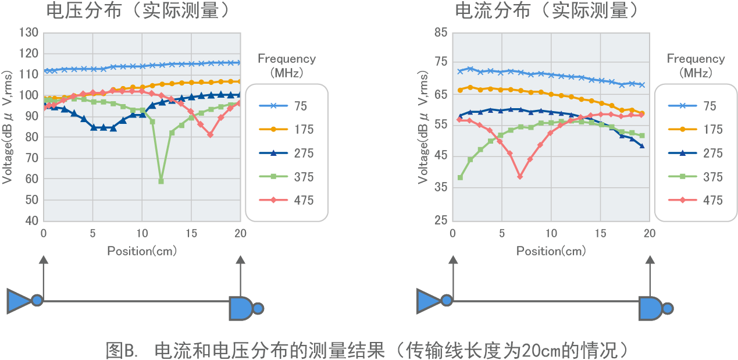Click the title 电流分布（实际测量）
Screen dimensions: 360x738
click(547, 10)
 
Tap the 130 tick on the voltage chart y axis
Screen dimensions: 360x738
click(28, 33)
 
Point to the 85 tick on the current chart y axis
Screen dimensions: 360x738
click(441, 33)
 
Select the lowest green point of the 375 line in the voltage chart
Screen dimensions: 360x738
click(161, 181)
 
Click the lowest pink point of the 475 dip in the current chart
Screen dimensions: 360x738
click(520, 177)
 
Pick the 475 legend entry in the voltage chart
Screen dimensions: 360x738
click(287, 201)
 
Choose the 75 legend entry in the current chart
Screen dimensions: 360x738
click(697, 106)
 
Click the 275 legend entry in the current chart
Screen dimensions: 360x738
click(697, 154)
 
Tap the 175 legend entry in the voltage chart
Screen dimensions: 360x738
click(287, 130)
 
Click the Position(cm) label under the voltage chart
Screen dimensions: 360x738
click(142, 251)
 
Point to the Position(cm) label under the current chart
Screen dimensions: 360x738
click(551, 251)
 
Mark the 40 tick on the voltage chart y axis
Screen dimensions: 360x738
click(32, 221)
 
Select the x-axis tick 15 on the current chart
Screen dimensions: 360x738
click(600, 233)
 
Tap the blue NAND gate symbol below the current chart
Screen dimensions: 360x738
click(650, 308)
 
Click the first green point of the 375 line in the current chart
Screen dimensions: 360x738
click(460, 177)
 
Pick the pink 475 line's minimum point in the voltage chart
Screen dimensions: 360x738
click(210, 135)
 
